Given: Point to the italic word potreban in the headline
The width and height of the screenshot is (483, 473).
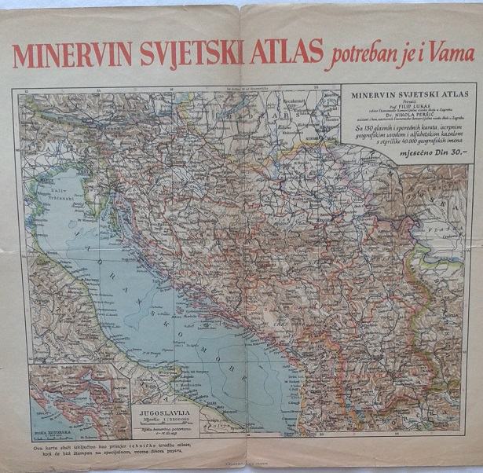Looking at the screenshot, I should (x=368, y=55).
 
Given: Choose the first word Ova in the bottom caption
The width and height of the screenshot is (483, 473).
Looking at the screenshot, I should (x=39, y=446).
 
